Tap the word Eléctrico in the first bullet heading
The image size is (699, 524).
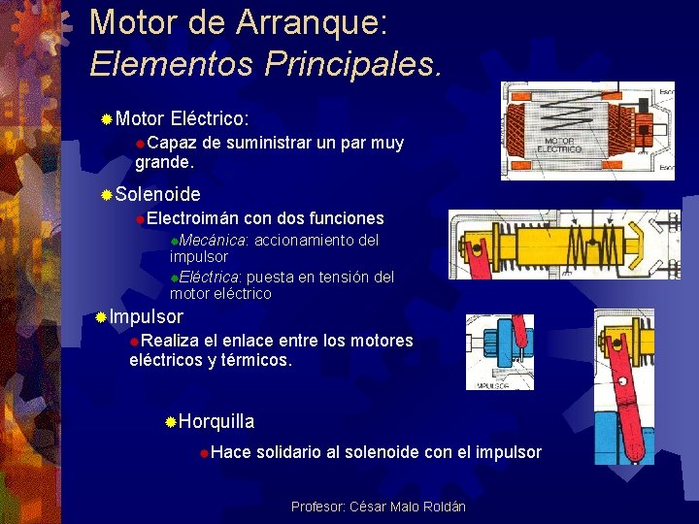209,118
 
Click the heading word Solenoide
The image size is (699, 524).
157,194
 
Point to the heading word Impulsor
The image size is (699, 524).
146,317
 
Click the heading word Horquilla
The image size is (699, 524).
216,421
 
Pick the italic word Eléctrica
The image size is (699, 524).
210,277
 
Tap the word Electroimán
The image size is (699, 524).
193,218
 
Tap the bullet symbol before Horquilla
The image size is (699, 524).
170,422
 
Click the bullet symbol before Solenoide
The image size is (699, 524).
107,195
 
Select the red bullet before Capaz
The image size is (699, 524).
140,144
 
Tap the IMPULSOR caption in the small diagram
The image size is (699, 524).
493,385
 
